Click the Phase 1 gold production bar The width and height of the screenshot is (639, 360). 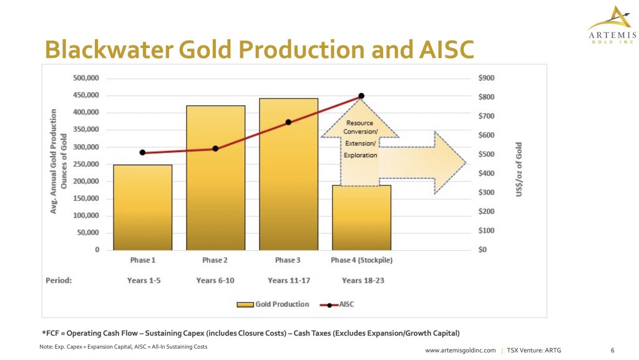143,207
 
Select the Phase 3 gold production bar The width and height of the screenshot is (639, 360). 288,174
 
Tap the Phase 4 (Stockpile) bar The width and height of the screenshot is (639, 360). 361,218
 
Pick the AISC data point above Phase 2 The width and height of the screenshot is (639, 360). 215,148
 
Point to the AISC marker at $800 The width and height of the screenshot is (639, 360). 361,96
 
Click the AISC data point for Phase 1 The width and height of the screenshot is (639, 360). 143,153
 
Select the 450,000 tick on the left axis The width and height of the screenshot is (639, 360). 86,95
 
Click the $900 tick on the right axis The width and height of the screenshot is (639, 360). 486,78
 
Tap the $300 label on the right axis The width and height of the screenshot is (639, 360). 486,192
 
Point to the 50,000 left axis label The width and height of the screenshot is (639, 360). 88,233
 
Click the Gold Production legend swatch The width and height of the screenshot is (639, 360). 245,304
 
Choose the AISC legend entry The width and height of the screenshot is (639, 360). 337,304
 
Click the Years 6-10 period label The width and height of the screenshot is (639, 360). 215,280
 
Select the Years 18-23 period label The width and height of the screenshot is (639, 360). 363,280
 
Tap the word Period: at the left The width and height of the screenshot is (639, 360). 59,280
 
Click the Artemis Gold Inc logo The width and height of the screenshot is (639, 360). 612,24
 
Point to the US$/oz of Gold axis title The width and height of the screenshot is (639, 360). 519,169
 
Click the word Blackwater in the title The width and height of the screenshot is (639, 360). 109,49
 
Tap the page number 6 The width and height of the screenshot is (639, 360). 612,350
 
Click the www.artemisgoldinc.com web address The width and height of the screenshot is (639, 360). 461,350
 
